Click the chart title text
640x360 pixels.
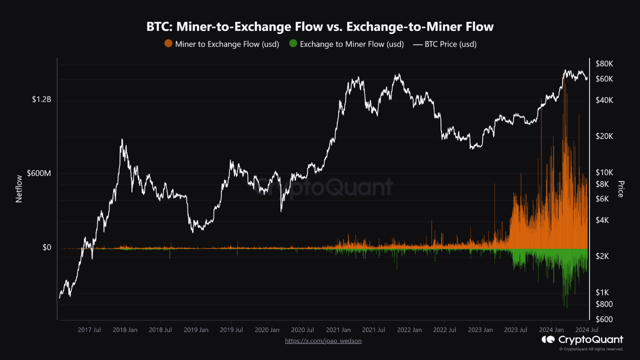(320, 26)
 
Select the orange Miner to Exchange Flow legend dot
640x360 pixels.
(168, 43)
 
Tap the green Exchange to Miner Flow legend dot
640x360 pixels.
(293, 43)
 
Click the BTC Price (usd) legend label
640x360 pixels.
(450, 44)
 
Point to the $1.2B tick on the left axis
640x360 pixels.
(41, 99)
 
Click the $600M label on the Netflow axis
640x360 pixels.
(39, 173)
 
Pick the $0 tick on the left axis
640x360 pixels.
(47, 247)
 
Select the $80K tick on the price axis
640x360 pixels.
(604, 63)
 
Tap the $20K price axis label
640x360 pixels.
(604, 136)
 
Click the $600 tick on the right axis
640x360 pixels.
(604, 319)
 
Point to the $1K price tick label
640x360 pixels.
(602, 292)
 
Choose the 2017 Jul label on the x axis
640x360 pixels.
(89, 330)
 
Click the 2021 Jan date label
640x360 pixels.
(338, 330)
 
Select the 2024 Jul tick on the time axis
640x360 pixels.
(587, 330)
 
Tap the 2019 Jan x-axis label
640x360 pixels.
(196, 330)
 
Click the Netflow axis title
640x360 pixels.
(19, 189)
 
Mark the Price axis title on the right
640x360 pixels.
(620, 189)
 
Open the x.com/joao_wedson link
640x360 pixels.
(323, 341)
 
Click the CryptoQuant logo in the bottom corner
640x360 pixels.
(582, 339)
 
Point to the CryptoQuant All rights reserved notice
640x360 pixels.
(591, 349)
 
